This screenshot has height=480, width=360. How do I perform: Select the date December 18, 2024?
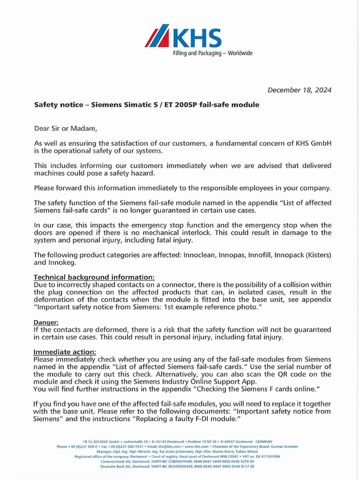point(299,90)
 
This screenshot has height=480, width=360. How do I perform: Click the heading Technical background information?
point(94,277)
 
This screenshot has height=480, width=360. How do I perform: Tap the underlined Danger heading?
point(45,322)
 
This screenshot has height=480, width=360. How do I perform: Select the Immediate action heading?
point(65,352)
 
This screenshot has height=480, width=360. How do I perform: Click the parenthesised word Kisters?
point(316,255)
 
